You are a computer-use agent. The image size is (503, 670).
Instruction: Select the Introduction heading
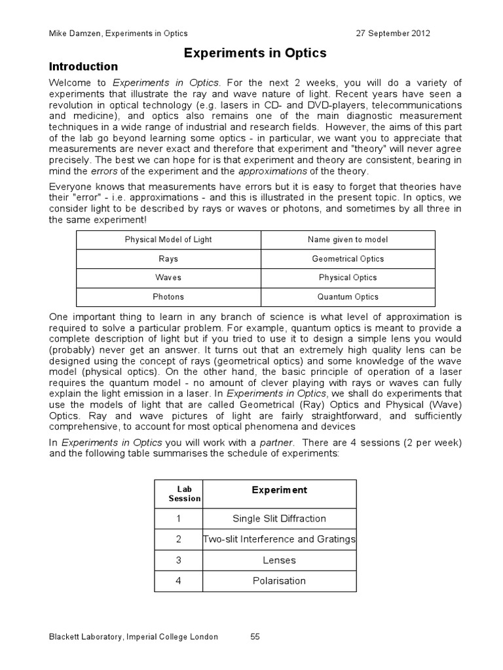point(84,67)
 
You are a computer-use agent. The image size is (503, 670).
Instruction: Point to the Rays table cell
point(168,259)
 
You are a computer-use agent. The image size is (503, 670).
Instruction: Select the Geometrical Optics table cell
point(348,259)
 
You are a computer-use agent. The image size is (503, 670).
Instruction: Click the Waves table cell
point(168,278)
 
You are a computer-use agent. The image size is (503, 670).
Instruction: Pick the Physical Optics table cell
point(348,278)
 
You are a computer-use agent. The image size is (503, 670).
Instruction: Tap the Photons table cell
point(168,297)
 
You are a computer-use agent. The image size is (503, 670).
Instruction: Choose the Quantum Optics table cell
point(348,297)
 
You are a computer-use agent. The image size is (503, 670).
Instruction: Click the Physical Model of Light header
point(168,240)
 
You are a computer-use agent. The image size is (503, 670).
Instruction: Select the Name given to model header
point(348,240)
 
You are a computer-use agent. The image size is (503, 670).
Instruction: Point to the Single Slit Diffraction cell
point(279,519)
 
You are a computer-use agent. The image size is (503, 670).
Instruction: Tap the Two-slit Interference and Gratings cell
point(279,540)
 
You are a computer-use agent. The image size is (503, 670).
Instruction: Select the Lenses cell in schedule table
point(279,561)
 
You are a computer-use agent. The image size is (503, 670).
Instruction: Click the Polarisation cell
point(279,581)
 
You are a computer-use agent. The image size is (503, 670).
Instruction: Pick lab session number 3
point(178,561)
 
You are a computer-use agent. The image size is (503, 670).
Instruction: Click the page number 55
point(255,637)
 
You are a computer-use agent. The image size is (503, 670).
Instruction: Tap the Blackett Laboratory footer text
point(134,637)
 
